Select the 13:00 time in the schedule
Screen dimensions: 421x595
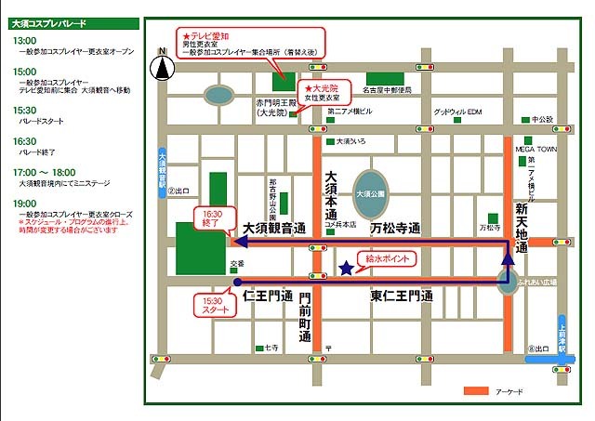(x=25, y=41)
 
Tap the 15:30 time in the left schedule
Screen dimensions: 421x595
(x=25, y=110)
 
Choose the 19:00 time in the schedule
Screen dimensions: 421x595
(x=25, y=203)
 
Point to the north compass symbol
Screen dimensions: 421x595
(x=163, y=66)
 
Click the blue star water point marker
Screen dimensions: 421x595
(x=346, y=269)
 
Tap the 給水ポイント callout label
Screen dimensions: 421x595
(x=389, y=257)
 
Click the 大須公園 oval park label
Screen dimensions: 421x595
(x=371, y=194)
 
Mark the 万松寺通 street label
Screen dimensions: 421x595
(x=396, y=227)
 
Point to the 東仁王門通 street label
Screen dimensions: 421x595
(x=402, y=296)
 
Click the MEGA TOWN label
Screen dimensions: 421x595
(x=536, y=148)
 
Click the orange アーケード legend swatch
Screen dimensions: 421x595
(x=476, y=391)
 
